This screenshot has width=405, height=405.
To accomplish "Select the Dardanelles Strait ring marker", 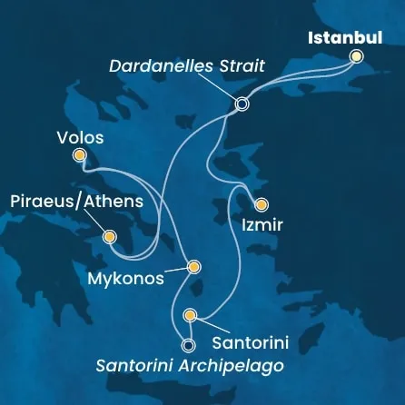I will tap(242, 104).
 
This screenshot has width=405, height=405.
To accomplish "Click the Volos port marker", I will tap(79, 155).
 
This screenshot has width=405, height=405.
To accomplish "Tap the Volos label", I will tap(80, 138).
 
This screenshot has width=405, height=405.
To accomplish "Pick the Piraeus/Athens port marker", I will tap(110, 237).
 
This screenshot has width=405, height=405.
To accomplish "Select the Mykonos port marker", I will tap(193, 267).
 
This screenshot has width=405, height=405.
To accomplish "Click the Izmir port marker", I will tap(262, 204).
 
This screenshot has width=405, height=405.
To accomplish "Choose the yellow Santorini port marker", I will tap(190, 315).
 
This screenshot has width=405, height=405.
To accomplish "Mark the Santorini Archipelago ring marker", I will tap(188, 345).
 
